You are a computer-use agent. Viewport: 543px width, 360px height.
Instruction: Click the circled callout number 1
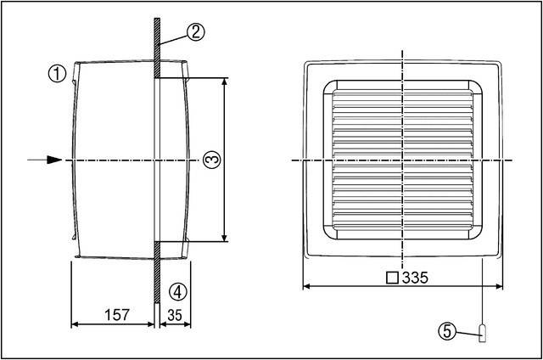coord(57,74)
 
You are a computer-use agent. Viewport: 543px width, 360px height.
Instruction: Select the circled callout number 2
coord(195,32)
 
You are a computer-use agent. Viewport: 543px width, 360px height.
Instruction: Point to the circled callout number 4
coord(176,291)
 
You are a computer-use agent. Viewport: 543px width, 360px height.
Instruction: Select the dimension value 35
coord(176,315)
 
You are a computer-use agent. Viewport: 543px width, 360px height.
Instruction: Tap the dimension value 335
coord(416,277)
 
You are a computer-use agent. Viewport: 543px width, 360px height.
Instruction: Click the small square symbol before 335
coord(391,277)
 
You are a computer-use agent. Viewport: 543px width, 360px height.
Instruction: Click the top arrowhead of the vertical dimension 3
coord(225,82)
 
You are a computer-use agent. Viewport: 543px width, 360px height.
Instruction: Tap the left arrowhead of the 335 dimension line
coord(308,285)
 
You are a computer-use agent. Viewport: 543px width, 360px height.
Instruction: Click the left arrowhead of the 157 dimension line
coord(74,323)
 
